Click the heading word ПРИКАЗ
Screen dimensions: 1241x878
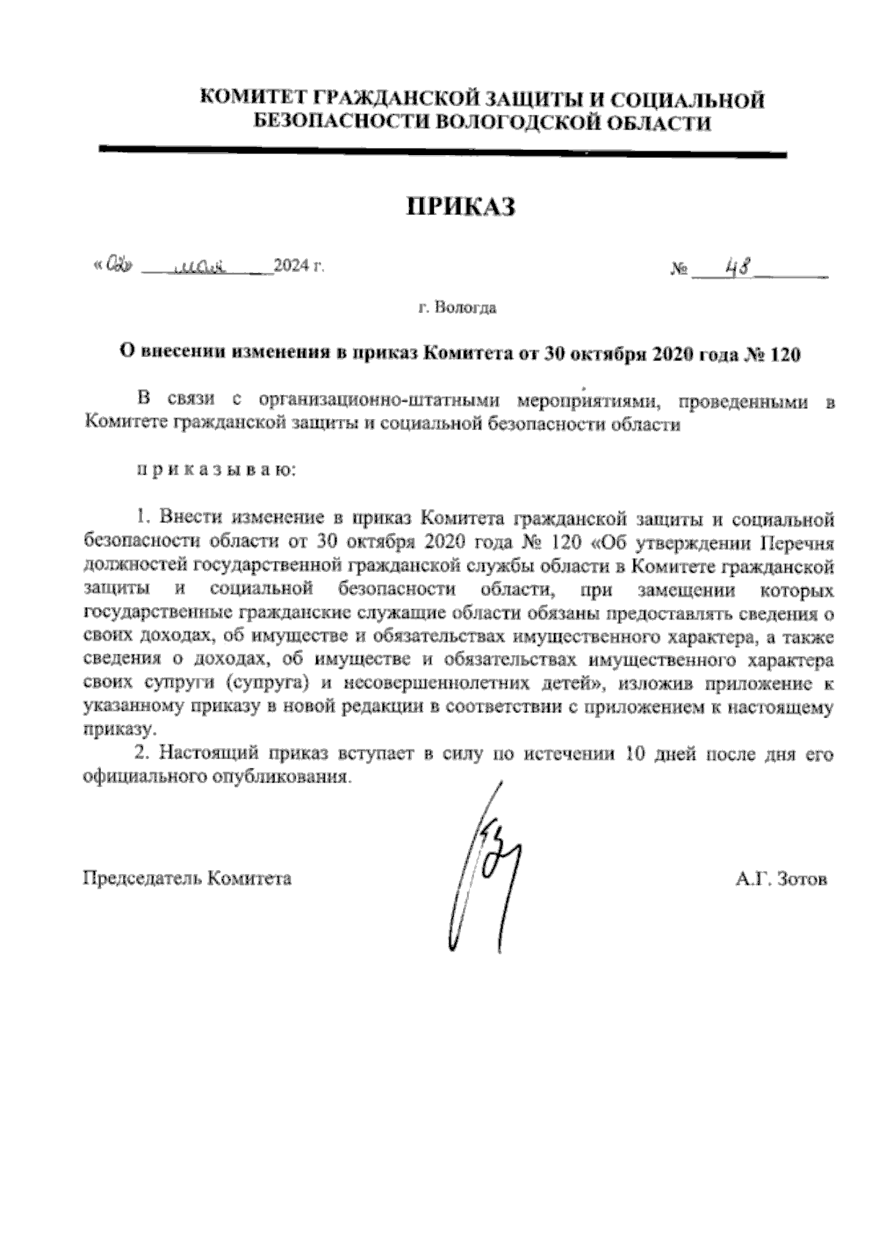pos(460,207)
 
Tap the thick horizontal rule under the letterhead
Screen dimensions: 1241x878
pos(442,152)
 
